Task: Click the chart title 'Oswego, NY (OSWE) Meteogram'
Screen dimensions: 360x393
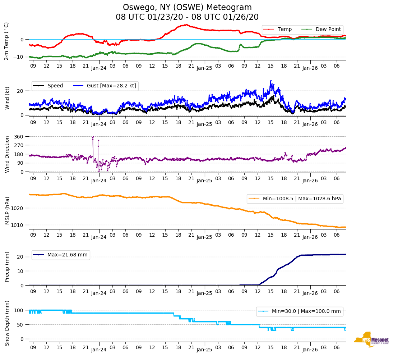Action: (x=187, y=8)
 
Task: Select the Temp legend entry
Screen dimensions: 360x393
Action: (x=284, y=29)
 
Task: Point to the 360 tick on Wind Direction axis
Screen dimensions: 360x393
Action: (x=19, y=137)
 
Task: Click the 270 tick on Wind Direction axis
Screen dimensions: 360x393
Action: (x=19, y=145)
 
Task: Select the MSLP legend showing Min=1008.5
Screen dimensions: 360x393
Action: (x=295, y=199)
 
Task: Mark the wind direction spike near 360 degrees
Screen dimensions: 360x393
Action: (x=93, y=137)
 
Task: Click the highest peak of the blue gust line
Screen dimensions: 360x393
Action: (x=271, y=81)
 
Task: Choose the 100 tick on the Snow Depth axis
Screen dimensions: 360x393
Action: (x=19, y=310)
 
